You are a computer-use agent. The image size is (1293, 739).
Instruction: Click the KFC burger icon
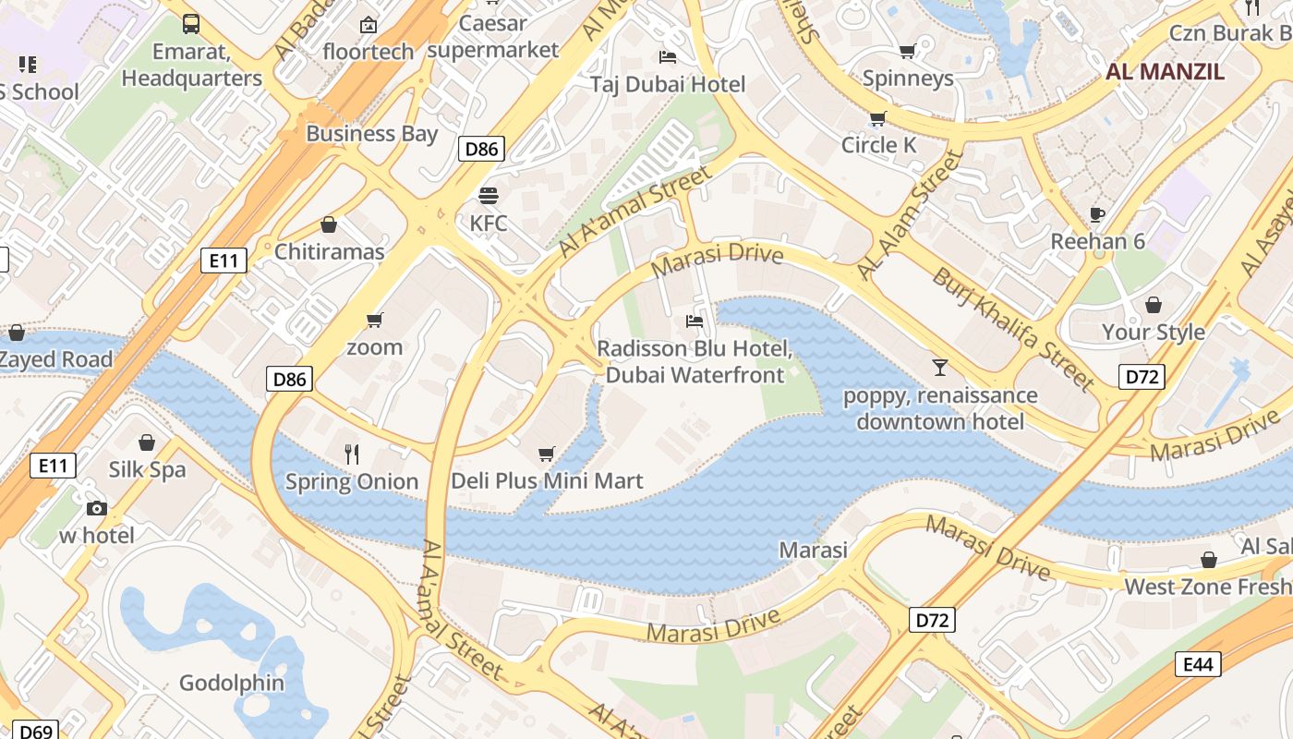pos(489,196)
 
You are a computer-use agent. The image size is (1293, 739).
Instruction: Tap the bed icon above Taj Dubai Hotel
pos(668,57)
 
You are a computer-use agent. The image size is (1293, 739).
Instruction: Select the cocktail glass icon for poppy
pos(940,368)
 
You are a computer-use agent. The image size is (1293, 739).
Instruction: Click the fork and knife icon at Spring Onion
pos(352,454)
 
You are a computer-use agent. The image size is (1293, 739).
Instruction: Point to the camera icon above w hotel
pos(97,508)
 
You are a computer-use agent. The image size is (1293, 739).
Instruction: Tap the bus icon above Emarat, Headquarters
pos(191,24)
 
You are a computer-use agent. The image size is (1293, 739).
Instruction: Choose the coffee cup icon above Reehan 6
pos(1097,214)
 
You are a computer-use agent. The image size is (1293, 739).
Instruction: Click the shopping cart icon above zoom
pos(374,320)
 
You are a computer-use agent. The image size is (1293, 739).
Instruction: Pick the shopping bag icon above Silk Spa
pos(147,442)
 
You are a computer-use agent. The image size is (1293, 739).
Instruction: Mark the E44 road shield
pos(1198,664)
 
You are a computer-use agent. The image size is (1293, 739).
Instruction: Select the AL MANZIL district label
pos(1165,72)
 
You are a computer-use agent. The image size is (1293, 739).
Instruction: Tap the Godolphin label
pos(232,684)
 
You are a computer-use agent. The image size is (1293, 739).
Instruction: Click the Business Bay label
pos(371,133)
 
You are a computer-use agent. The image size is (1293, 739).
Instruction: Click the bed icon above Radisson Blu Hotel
pos(695,321)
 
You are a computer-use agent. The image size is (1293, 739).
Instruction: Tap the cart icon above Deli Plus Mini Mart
pos(547,454)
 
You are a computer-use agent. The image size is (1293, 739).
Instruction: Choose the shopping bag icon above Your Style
pos(1154,305)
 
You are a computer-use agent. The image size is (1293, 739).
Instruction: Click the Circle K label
pos(878,145)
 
